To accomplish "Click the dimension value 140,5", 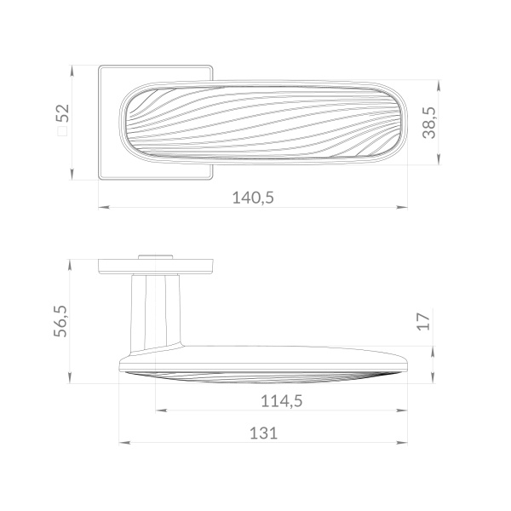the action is click(253, 198).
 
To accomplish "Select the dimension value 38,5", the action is click(429, 123).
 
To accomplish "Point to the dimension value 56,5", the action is click(60, 321).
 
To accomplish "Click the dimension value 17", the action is click(423, 322).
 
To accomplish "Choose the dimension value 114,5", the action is click(282, 401).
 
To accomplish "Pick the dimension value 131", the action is click(263, 433).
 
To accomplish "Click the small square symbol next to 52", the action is click(62, 131).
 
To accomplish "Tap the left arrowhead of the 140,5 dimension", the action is click(104, 207).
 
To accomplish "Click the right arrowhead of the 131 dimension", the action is click(402, 443).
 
